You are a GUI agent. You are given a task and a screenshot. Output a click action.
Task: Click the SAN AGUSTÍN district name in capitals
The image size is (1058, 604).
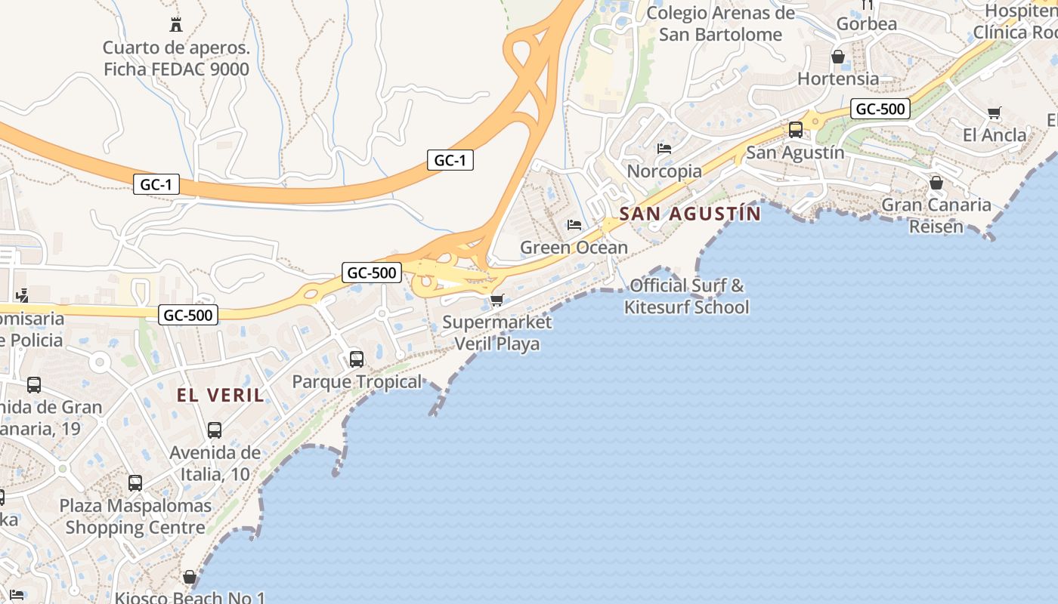690,214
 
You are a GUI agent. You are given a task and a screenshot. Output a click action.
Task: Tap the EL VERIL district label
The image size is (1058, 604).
221,395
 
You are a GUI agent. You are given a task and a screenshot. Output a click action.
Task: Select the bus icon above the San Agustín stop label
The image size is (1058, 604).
796,130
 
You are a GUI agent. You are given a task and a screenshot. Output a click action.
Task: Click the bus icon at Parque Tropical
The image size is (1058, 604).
357,359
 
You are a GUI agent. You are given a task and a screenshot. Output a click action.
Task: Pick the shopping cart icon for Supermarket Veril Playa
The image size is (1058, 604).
497,300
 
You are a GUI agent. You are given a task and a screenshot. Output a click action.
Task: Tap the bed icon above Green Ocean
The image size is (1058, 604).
574,225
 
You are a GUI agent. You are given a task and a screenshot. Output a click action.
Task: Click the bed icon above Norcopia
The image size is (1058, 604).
664,149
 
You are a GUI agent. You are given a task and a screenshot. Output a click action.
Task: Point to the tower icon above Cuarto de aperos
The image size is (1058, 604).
176,24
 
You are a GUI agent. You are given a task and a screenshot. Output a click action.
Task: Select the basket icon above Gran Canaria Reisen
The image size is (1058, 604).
936,183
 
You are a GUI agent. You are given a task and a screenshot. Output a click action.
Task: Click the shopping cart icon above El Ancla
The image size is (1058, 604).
995,113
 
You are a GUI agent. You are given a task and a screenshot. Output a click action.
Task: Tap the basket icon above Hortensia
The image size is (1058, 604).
838,57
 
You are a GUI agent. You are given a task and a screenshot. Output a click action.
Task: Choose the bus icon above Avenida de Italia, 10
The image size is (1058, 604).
215,430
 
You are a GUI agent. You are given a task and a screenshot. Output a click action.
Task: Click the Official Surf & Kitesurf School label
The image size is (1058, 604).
686,296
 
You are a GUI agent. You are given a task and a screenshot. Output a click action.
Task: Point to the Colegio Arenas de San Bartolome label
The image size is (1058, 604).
720,23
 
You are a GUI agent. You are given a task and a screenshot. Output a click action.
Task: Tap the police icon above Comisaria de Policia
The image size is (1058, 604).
22,295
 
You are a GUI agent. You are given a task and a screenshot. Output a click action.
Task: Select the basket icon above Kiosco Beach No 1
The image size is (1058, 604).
190,578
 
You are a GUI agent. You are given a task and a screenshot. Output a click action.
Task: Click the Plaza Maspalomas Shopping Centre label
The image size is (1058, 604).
135,516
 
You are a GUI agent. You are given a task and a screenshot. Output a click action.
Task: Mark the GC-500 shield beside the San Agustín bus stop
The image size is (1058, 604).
880,109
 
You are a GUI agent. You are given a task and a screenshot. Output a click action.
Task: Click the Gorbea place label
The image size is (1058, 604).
867,23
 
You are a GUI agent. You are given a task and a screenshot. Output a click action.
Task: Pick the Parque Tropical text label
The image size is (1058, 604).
357,381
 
